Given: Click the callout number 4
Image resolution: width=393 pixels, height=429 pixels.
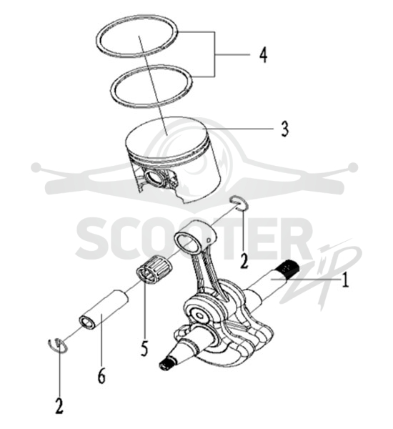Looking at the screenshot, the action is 263,55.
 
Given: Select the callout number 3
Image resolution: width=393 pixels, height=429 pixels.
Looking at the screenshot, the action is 284,129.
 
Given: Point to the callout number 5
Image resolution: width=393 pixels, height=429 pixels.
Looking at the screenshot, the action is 144,348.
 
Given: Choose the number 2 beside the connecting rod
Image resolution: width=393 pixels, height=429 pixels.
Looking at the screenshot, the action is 244,261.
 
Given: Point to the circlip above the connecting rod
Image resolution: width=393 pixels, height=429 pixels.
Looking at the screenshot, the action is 240,203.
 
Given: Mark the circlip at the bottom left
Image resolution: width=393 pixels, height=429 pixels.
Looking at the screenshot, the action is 58,345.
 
